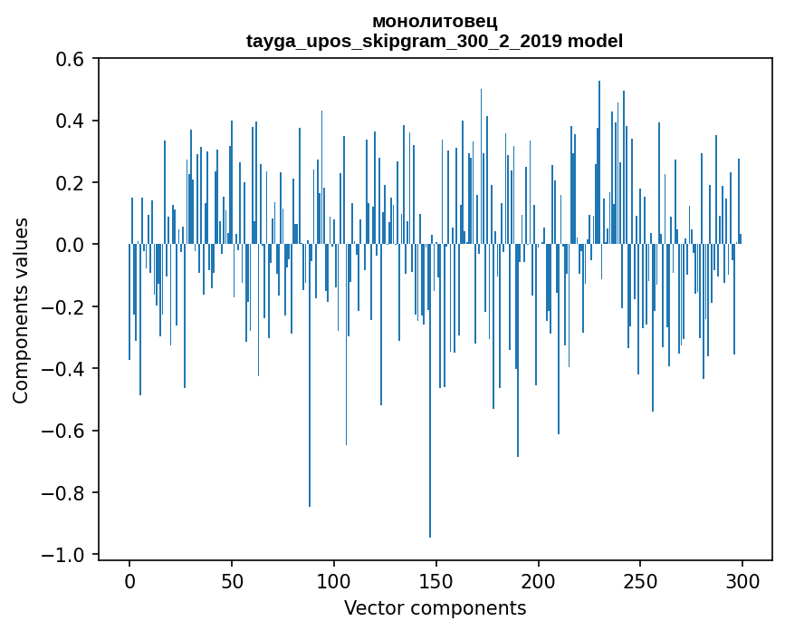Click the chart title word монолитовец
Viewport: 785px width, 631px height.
tap(435, 21)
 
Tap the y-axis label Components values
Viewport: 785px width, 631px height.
tap(21, 310)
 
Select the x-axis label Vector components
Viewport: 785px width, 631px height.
tap(435, 607)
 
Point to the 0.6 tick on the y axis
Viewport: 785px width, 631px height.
tap(71, 59)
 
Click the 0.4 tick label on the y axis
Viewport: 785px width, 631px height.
tap(71, 121)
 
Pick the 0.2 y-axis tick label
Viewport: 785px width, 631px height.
tap(71, 183)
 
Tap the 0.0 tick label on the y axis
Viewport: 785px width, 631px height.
tap(71, 245)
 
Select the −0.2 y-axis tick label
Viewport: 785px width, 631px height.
tap(65, 306)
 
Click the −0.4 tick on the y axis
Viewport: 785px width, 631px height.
tap(65, 369)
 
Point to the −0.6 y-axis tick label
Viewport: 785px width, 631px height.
tap(65, 431)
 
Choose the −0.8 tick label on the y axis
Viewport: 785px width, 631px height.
tap(65, 493)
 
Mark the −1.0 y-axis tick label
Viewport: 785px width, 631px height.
tap(65, 555)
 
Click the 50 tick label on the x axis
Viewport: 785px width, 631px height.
tap(232, 579)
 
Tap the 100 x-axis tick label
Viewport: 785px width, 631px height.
tap(334, 579)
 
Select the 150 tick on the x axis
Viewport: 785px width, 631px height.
tap(436, 579)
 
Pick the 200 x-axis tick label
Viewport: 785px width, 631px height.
tap(538, 579)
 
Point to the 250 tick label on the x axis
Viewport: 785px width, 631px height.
tap(640, 579)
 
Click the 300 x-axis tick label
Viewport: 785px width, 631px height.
tap(742, 579)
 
